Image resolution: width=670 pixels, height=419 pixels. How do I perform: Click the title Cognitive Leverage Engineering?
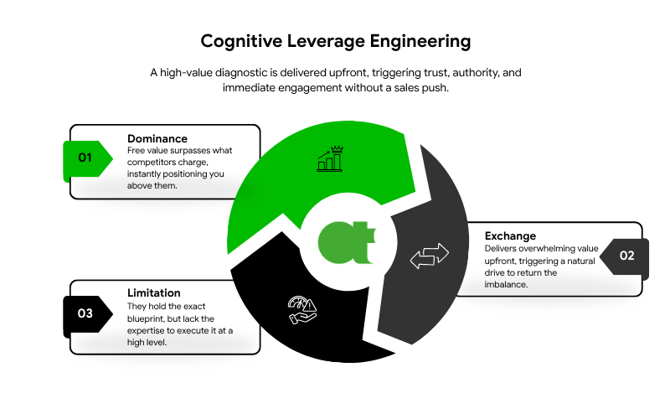pyautogui.click(x=335, y=40)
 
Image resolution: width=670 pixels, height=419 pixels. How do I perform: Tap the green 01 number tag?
pyautogui.click(x=85, y=158)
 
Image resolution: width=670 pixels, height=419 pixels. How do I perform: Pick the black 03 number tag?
pyautogui.click(x=85, y=313)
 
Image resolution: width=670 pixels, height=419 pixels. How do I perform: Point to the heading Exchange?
pyautogui.click(x=510, y=235)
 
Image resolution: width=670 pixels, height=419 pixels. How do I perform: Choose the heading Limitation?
pyautogui.click(x=154, y=292)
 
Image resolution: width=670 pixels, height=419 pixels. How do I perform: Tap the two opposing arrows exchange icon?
pyautogui.click(x=429, y=256)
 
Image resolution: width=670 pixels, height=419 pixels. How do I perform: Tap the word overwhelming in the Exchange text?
pyautogui.click(x=553, y=248)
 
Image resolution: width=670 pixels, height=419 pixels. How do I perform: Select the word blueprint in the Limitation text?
pyautogui.click(x=155, y=318)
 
